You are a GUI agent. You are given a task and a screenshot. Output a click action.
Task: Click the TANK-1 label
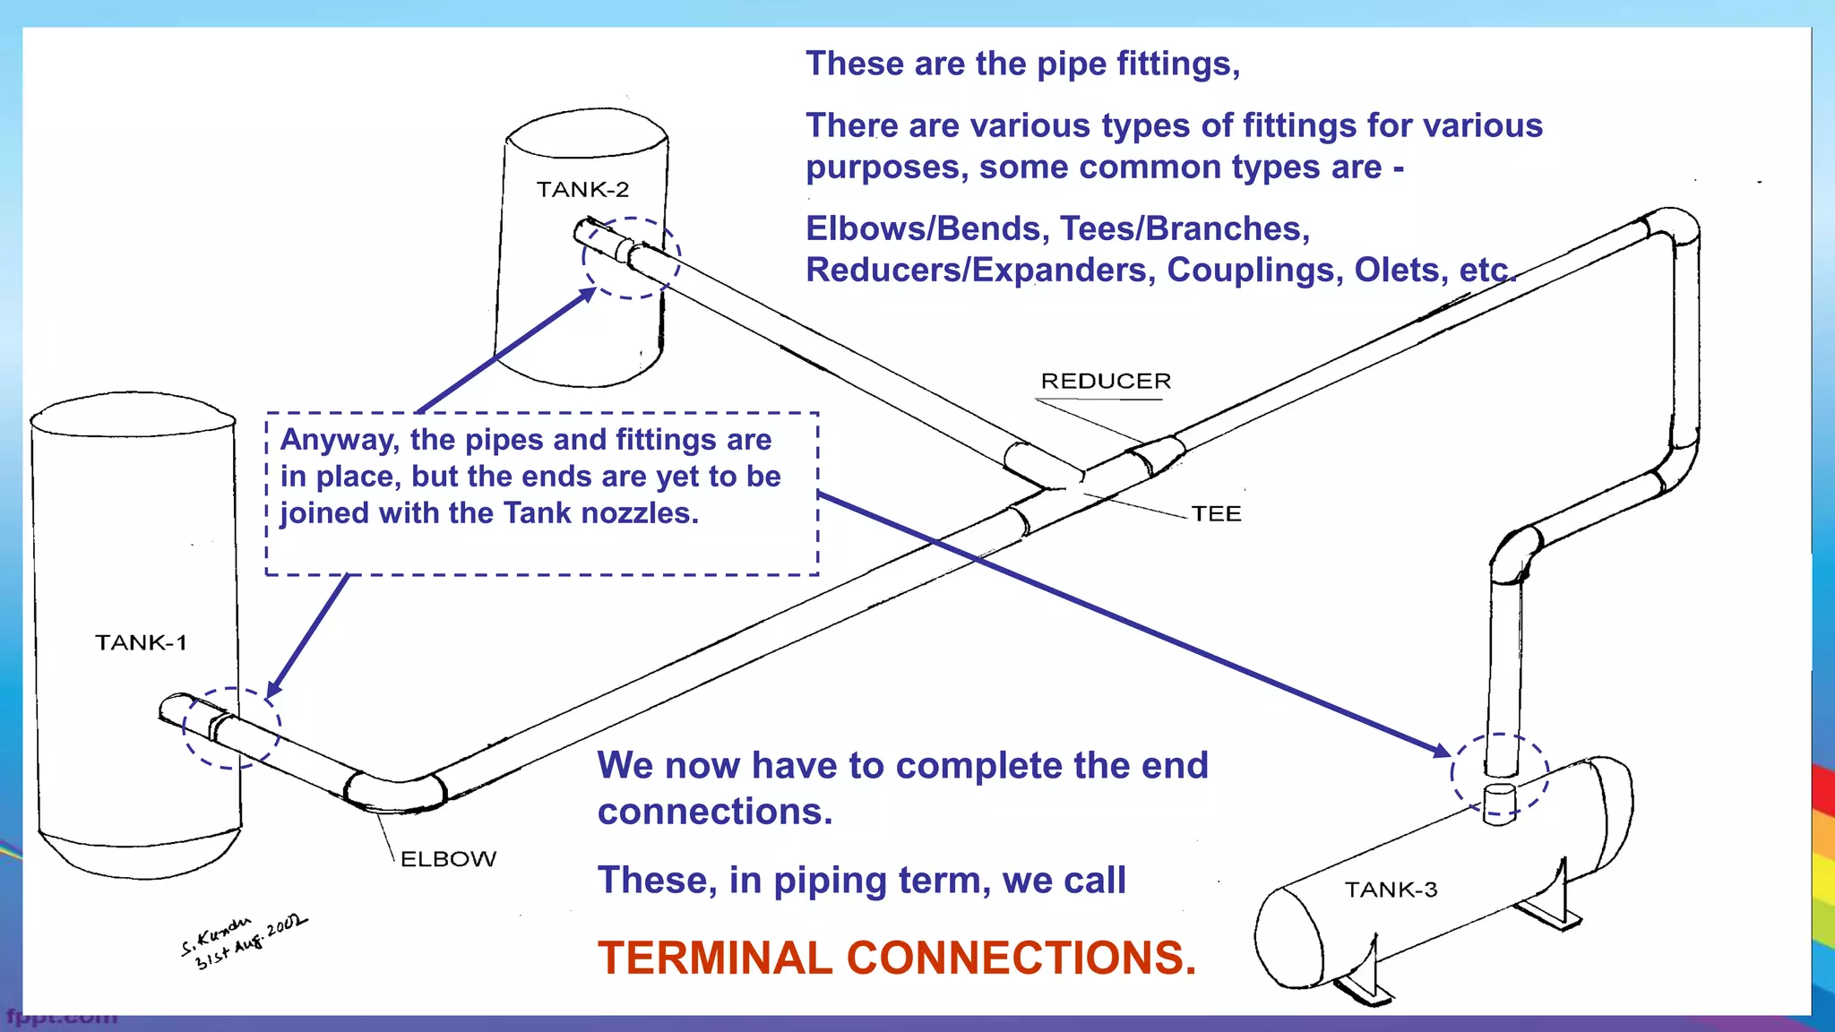pyautogui.click(x=141, y=642)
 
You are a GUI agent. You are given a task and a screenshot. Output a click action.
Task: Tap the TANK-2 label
pyautogui.click(x=582, y=189)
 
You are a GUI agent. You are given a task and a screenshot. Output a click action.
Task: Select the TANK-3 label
pyautogui.click(x=1391, y=890)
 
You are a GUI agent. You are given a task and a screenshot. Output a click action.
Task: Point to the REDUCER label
pyautogui.click(x=1106, y=381)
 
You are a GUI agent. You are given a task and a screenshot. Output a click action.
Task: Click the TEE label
pyautogui.click(x=1216, y=513)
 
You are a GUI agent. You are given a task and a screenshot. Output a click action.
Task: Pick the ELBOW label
pyautogui.click(x=448, y=859)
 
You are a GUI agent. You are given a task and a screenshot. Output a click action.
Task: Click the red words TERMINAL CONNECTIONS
pyautogui.click(x=897, y=958)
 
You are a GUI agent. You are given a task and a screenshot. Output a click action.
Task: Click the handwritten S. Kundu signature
pyautogui.click(x=243, y=941)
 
